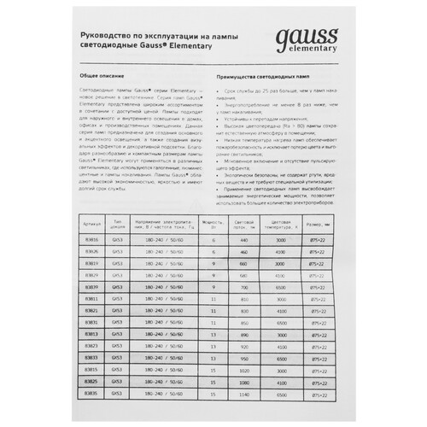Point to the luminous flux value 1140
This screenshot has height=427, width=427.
pos(243,396)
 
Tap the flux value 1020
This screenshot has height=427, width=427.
pos(243,372)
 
